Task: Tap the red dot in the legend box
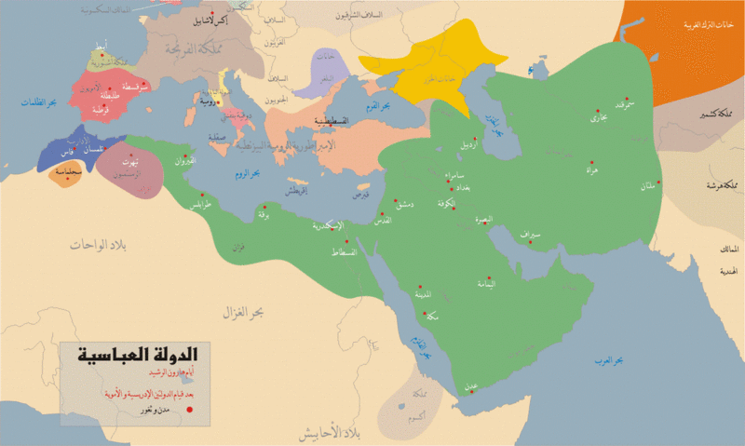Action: tap(189, 409)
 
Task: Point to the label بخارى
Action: tap(598, 118)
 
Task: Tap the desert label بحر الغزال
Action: tap(248, 312)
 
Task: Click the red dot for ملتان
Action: tap(658, 181)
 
